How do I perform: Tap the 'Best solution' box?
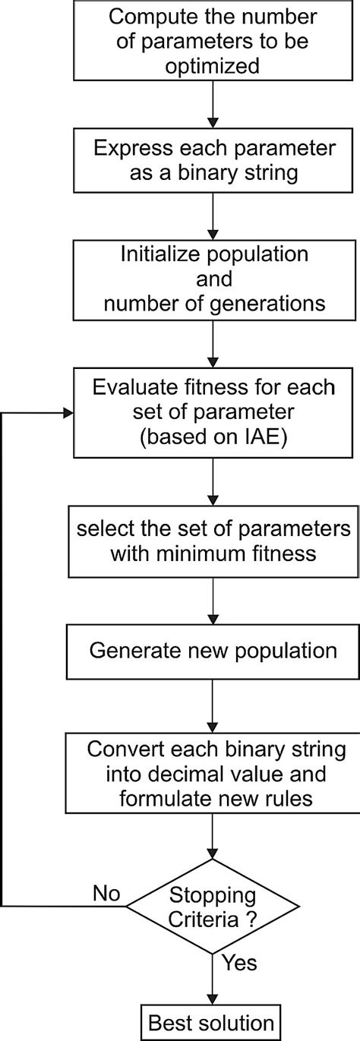pyautogui.click(x=210, y=1021)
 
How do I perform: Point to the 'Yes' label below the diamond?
pyautogui.click(x=238, y=963)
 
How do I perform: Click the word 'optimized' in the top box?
pyautogui.click(x=216, y=65)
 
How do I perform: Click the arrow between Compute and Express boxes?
pyautogui.click(x=216, y=105)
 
